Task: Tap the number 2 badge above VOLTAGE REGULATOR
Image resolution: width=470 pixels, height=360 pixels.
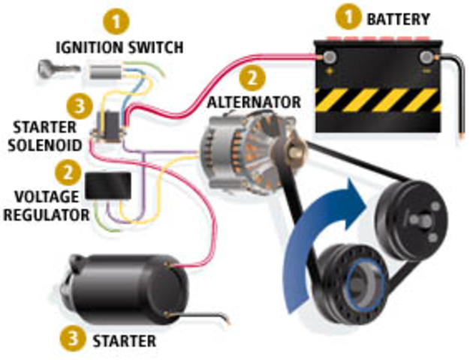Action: pyautogui.click(x=71, y=172)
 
